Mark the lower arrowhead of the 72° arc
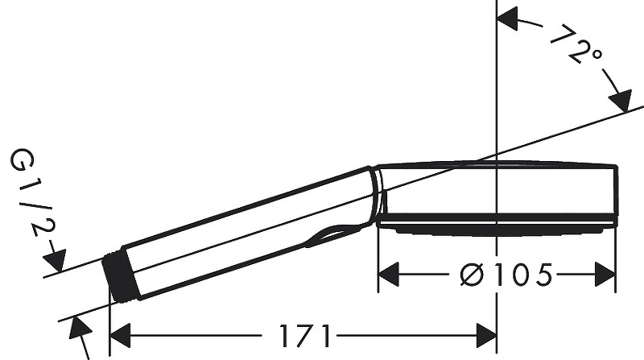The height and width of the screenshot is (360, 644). click(x=621, y=103)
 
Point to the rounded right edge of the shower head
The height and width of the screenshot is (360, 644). click(x=615, y=193)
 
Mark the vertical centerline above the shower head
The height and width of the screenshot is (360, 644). click(x=497, y=81)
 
